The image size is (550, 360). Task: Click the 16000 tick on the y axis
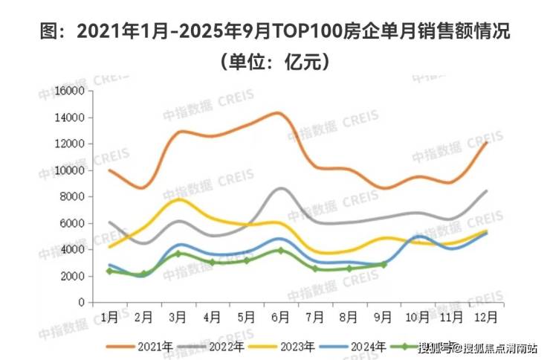coord(71,91)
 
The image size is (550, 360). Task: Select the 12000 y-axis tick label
coord(71,144)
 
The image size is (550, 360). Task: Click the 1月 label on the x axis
coord(109,316)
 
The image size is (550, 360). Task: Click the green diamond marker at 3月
coord(178,254)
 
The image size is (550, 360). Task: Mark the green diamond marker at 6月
coord(279,250)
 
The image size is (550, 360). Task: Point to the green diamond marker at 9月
coord(383,264)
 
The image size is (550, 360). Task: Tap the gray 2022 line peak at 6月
coord(279,188)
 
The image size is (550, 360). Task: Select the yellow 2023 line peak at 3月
coord(178,199)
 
